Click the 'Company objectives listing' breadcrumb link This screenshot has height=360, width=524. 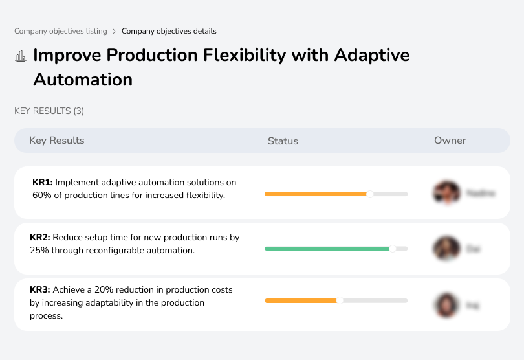coord(61,31)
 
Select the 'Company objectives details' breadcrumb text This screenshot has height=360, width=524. coord(169,31)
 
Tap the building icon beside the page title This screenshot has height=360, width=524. coord(21,56)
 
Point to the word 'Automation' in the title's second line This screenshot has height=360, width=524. coord(83,80)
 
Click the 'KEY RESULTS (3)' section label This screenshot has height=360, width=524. coord(49,111)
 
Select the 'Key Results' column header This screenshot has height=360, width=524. coord(56,141)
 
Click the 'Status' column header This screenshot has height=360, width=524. coord(283,141)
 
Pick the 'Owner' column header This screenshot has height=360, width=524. coord(450,141)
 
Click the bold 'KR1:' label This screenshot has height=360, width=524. coord(43,183)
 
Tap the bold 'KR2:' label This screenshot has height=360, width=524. coord(40,238)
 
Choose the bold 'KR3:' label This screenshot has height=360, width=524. coord(40,290)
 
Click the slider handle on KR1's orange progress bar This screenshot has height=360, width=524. coord(370,194)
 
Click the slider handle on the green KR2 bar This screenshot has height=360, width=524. coord(392,248)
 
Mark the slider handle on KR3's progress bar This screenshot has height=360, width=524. coord(340,300)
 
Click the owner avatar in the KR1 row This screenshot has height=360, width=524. coord(446,193)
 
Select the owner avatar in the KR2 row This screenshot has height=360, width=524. coord(446,248)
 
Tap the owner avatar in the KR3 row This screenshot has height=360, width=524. coord(446,305)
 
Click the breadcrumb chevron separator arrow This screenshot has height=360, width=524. coord(115,31)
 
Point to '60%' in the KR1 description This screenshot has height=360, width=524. coord(42,195)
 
